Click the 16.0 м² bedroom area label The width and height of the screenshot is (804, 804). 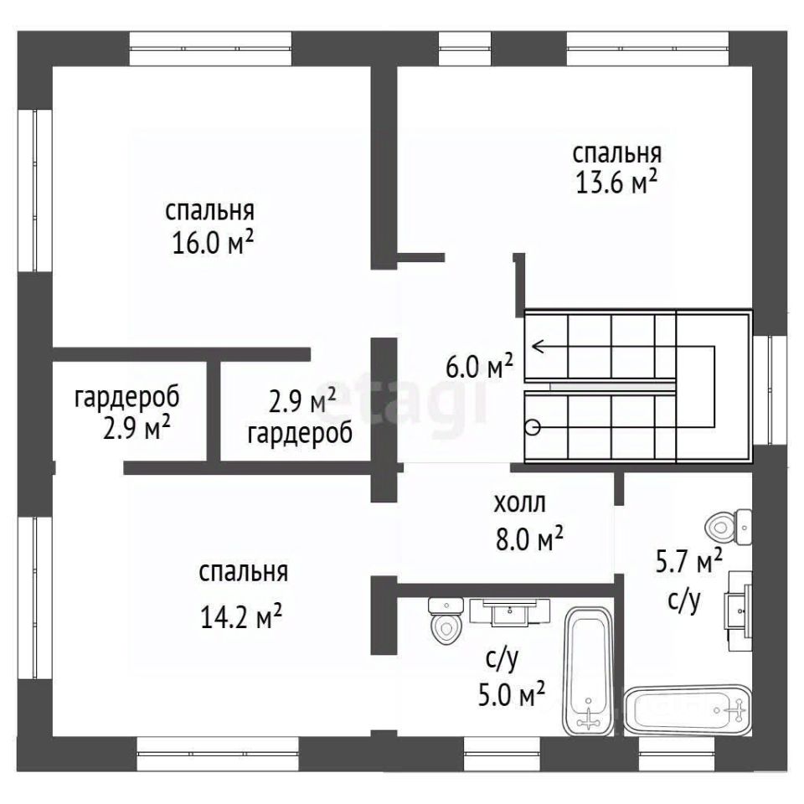coord(214,244)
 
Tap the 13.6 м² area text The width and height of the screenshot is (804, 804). coord(617,183)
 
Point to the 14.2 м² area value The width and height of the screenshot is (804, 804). coord(241,617)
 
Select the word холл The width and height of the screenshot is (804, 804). coord(520,503)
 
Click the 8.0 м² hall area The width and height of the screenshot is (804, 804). coord(529,539)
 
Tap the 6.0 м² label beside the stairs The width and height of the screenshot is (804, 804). coord(479,367)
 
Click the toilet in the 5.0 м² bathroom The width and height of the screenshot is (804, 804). coord(445,621)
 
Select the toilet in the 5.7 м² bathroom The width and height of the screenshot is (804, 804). coord(729,527)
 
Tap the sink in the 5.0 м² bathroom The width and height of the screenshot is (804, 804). coord(510,611)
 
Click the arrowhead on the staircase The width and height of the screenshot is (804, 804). coord(539,347)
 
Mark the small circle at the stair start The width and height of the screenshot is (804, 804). coord(533,427)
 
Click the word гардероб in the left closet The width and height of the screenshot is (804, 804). coord(127,399)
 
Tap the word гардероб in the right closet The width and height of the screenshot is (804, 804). coord(300,434)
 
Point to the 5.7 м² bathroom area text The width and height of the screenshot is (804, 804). coord(689,563)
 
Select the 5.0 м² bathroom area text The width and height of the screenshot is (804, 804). coord(511,696)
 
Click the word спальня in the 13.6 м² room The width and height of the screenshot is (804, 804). coord(617,153)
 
